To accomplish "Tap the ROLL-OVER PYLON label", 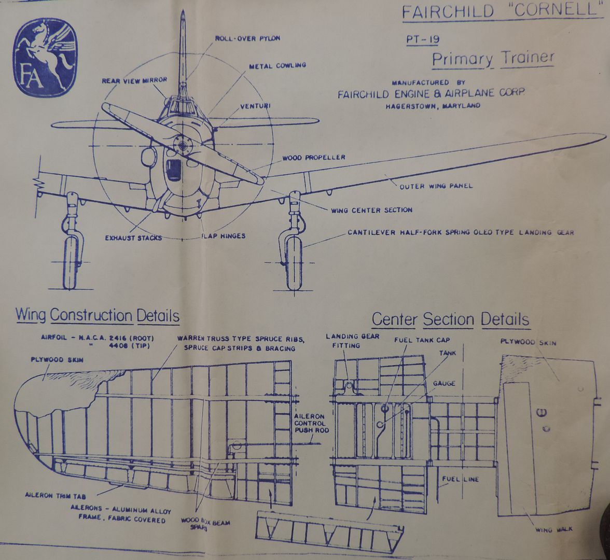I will pyautogui.click(x=247, y=38).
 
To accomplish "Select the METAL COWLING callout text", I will pyautogui.click(x=277, y=66).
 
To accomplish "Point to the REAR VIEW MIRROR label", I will pyautogui.click(x=134, y=81).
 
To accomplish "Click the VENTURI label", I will pyautogui.click(x=256, y=106).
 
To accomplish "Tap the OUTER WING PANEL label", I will pyautogui.click(x=436, y=186).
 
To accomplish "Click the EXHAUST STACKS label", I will pyautogui.click(x=133, y=238).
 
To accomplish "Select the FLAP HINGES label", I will pyautogui.click(x=223, y=236).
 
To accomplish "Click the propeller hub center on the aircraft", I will pyautogui.click(x=181, y=142).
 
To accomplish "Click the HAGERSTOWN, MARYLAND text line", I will pyautogui.click(x=433, y=106).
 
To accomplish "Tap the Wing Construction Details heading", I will pyautogui.click(x=98, y=315).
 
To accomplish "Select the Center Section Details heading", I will pyautogui.click(x=450, y=319).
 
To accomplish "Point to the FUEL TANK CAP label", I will pyautogui.click(x=422, y=340).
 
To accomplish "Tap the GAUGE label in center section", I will pyautogui.click(x=444, y=383).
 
